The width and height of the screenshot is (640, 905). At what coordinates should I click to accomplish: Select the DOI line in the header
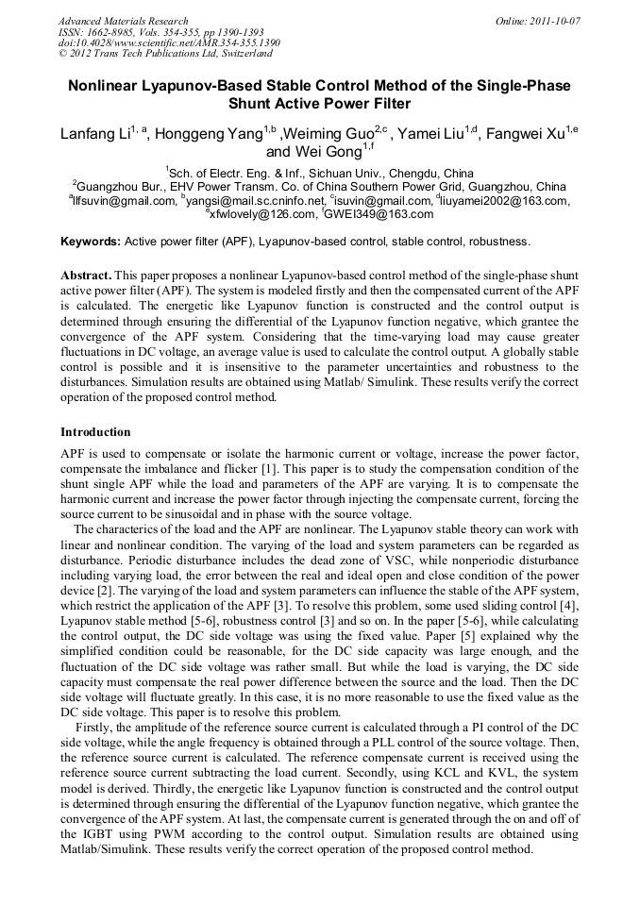point(169,42)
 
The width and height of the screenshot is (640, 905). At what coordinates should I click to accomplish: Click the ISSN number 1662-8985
point(114,32)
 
